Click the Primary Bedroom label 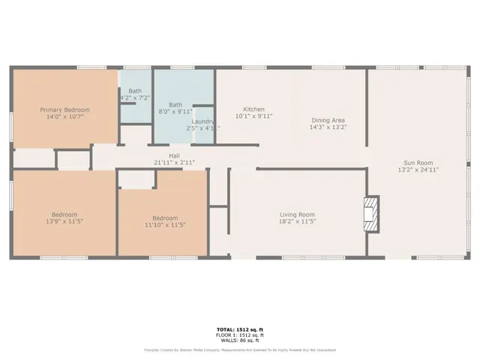64,109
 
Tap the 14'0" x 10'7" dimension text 64,117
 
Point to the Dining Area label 328,120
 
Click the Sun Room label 418,163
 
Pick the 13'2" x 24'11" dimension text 418,170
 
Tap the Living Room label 297,214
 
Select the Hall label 174,156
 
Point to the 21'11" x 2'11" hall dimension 174,163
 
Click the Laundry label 203,121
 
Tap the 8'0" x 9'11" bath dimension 175,112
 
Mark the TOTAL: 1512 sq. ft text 240,331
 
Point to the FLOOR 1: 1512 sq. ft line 240,335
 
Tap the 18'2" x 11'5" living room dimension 297,222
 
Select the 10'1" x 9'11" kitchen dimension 254,116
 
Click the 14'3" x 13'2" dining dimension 328,127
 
